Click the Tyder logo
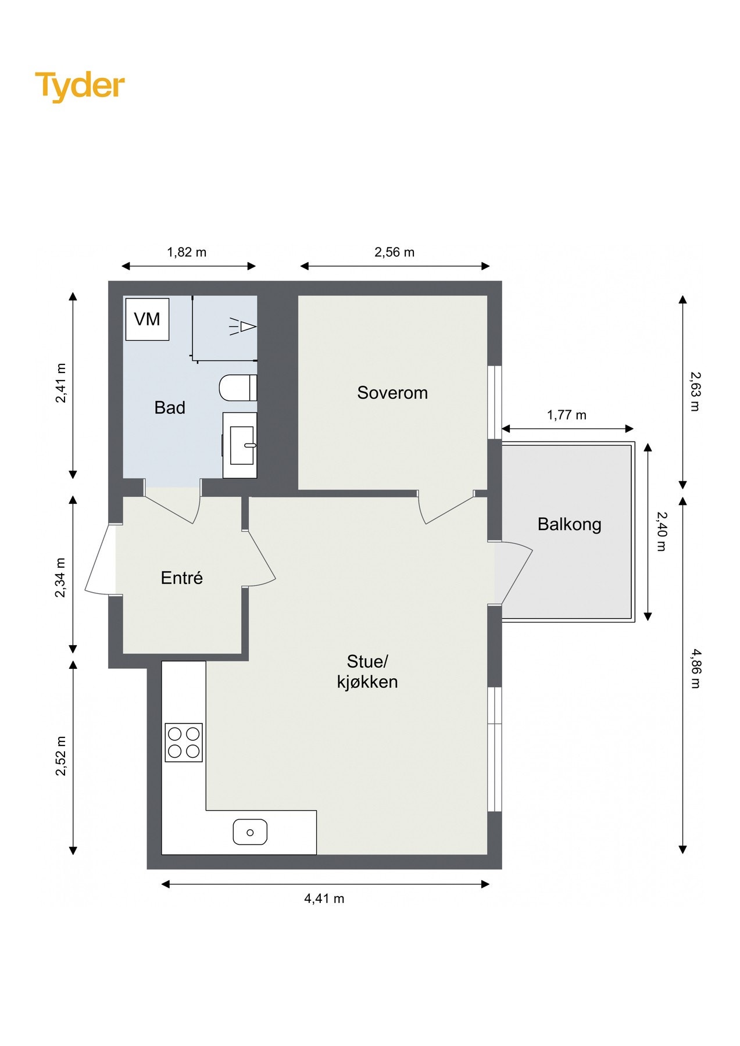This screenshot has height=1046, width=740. point(80,86)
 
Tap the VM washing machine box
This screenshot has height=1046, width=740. point(148,319)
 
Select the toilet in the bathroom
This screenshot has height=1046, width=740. point(238,388)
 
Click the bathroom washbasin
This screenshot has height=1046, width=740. point(240,445)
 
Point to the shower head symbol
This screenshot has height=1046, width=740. point(244,327)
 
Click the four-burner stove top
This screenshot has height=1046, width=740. point(184,742)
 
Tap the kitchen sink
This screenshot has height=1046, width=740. point(250,832)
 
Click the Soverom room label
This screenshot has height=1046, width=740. point(392,393)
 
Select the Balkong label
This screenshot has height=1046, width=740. point(569,524)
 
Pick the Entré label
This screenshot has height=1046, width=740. point(182,578)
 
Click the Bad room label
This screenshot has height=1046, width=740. point(170,407)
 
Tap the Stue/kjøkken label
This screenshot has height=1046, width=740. point(367,671)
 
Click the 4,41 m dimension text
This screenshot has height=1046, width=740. point(324,898)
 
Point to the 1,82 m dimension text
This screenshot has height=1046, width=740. point(187,252)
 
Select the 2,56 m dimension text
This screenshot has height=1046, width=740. point(395,252)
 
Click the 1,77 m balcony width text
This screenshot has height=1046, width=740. point(567,415)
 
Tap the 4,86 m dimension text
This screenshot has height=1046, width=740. point(695,669)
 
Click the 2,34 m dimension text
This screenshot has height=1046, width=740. point(60,578)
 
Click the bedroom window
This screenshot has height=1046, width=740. point(495,402)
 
